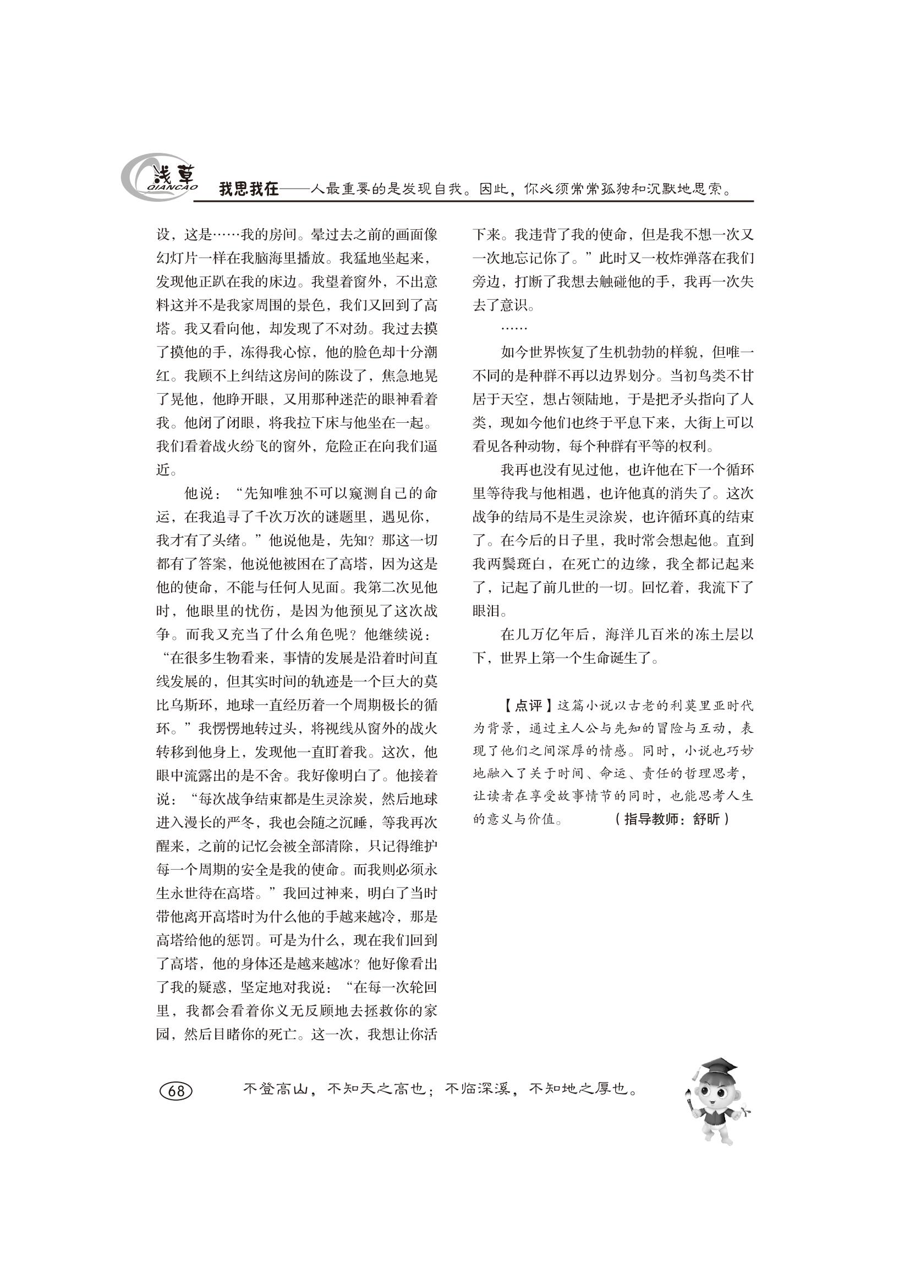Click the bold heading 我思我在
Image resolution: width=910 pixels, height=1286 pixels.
(248, 189)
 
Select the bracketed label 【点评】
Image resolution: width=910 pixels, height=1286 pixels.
(528, 706)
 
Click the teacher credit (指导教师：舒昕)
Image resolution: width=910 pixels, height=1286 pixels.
(672, 819)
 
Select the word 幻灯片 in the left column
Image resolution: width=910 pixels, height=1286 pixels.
(177, 258)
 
